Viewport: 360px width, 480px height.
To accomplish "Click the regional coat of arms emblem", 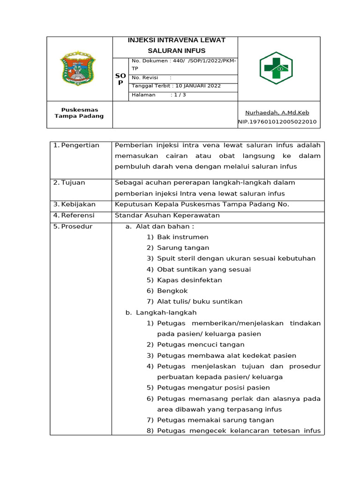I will click(x=78, y=69).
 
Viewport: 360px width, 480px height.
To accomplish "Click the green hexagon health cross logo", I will click(x=276, y=68).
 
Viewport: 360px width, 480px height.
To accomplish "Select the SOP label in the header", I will click(x=120, y=79).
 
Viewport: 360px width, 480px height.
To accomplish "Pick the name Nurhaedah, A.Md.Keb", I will click(x=277, y=112).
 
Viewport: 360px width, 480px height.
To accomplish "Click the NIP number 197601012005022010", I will click(x=277, y=122).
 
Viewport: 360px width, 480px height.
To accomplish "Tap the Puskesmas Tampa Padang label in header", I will click(x=79, y=113).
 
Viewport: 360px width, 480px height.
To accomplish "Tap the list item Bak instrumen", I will click(x=182, y=237).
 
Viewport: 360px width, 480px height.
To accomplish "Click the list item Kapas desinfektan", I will click(x=189, y=280).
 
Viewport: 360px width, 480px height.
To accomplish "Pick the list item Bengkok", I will click(x=172, y=291).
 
